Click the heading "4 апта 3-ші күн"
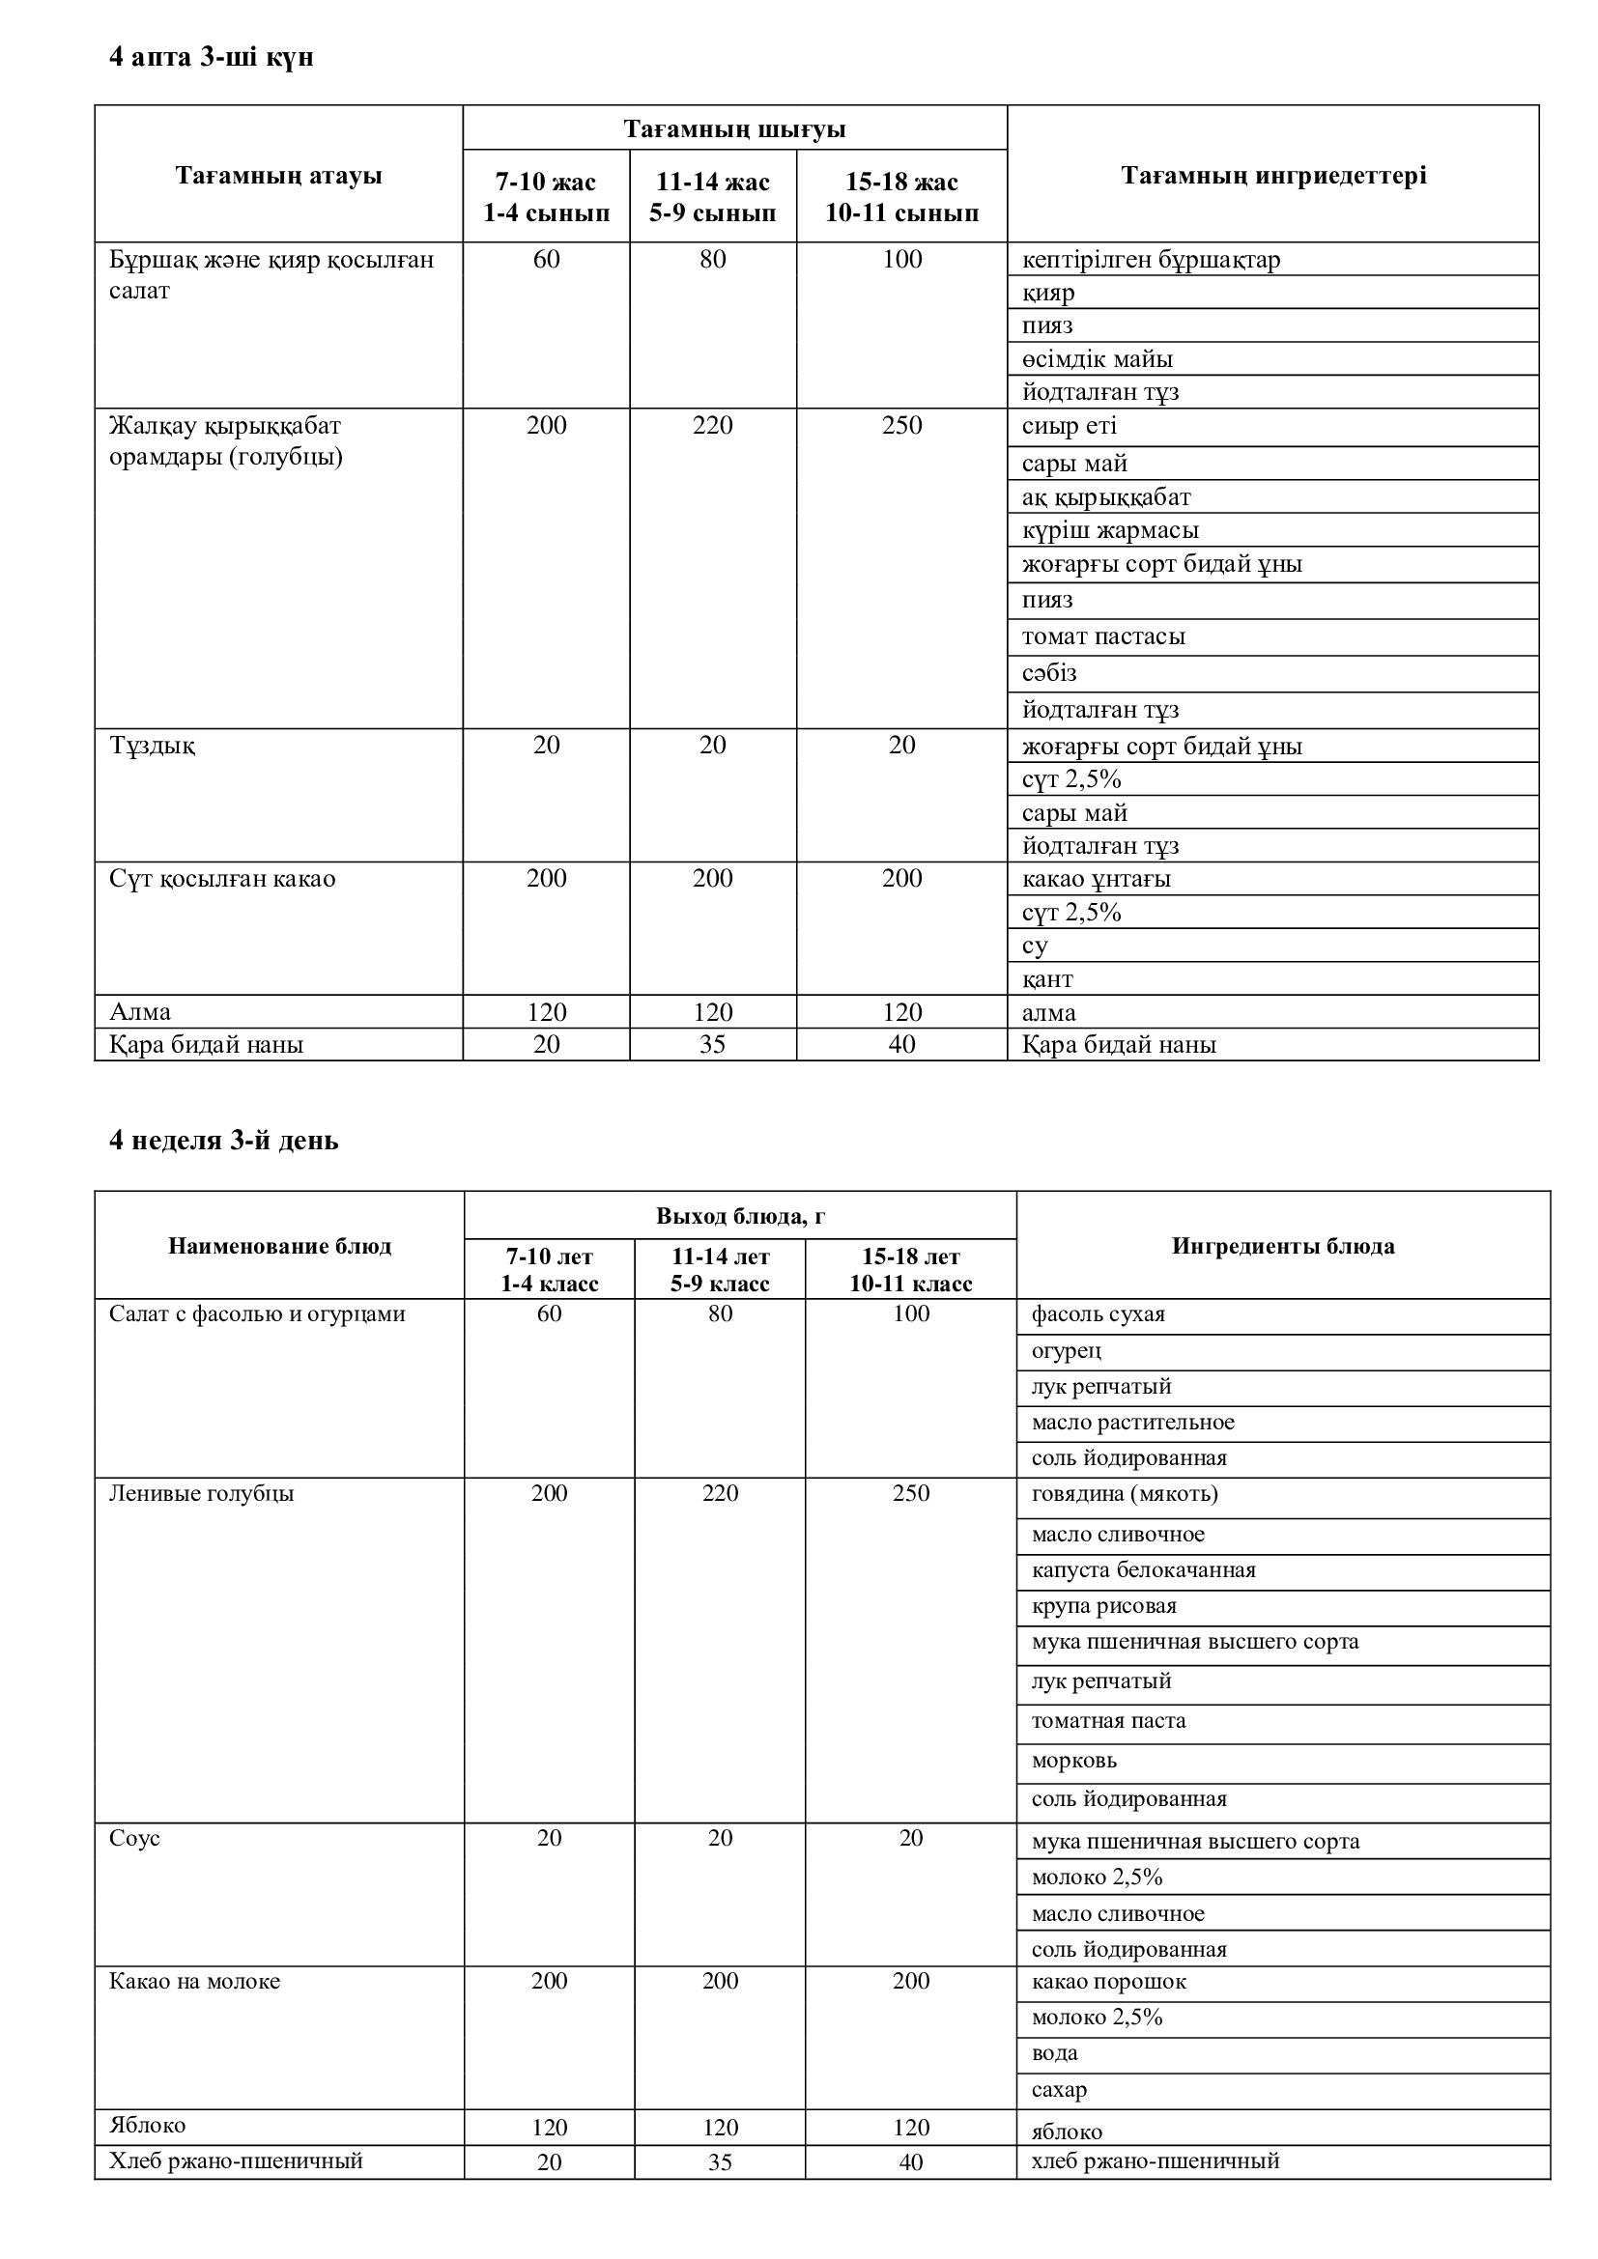click(x=211, y=58)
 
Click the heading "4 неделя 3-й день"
click(x=223, y=1141)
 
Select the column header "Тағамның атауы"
click(x=278, y=176)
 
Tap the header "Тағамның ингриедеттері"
click(x=1273, y=176)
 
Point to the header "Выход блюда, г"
click(x=740, y=1216)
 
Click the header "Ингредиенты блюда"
click(x=1282, y=1247)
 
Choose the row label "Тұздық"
click(x=153, y=746)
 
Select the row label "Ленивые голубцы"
click(x=201, y=1493)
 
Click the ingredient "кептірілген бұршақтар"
click(x=1151, y=260)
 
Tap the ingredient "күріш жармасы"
click(x=1110, y=530)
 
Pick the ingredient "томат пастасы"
click(x=1103, y=636)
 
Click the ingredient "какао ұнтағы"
click(x=1097, y=879)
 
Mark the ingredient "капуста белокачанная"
click(x=1143, y=1570)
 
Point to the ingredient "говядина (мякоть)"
click(x=1125, y=1493)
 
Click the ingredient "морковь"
click(x=1074, y=1761)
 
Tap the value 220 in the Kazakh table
click(x=712, y=426)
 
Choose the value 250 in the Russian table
click(x=910, y=1493)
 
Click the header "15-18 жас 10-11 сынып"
click(x=901, y=197)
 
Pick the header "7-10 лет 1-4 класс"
click(x=549, y=1269)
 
